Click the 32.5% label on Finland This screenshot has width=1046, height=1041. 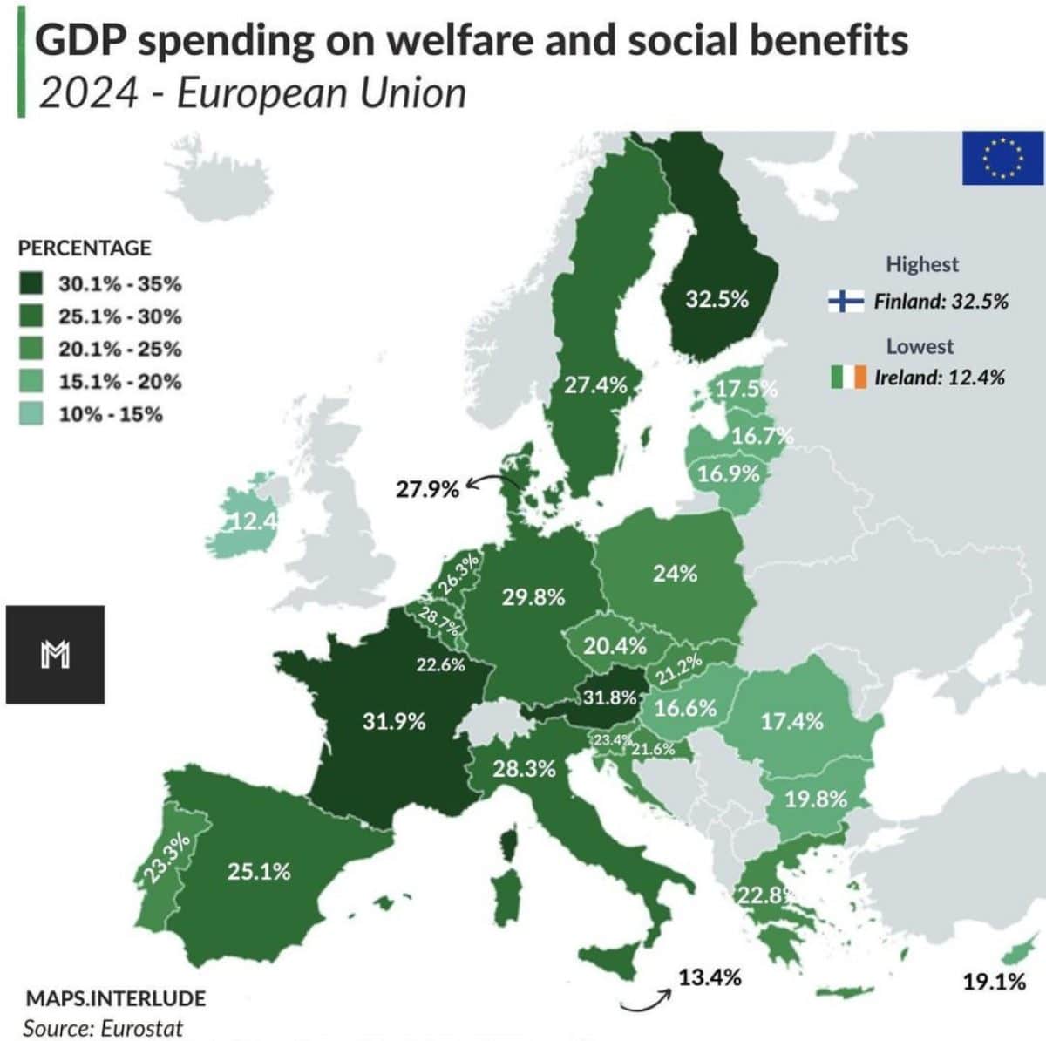[717, 299]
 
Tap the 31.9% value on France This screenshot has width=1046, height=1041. [394, 721]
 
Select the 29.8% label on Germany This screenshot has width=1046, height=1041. [533, 597]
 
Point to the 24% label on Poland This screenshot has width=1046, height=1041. [675, 574]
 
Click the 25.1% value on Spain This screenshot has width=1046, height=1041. [259, 871]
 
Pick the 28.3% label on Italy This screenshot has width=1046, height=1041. [524, 768]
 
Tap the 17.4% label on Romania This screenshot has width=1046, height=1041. [791, 721]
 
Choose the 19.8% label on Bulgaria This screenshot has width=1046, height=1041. [815, 799]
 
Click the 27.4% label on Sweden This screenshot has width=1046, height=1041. [595, 384]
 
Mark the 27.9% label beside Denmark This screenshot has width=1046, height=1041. [427, 489]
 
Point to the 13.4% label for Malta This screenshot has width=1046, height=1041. [710, 977]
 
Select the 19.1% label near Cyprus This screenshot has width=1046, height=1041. [994, 982]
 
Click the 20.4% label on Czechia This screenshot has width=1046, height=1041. [615, 646]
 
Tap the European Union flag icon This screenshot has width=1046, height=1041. [1002, 158]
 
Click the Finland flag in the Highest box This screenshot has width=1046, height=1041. [846, 302]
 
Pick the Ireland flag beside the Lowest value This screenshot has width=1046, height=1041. [848, 377]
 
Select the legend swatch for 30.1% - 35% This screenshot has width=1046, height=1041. [32, 284]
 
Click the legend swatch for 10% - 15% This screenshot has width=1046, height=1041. [32, 414]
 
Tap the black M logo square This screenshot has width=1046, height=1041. [55, 654]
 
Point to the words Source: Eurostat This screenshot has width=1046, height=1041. [103, 1028]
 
